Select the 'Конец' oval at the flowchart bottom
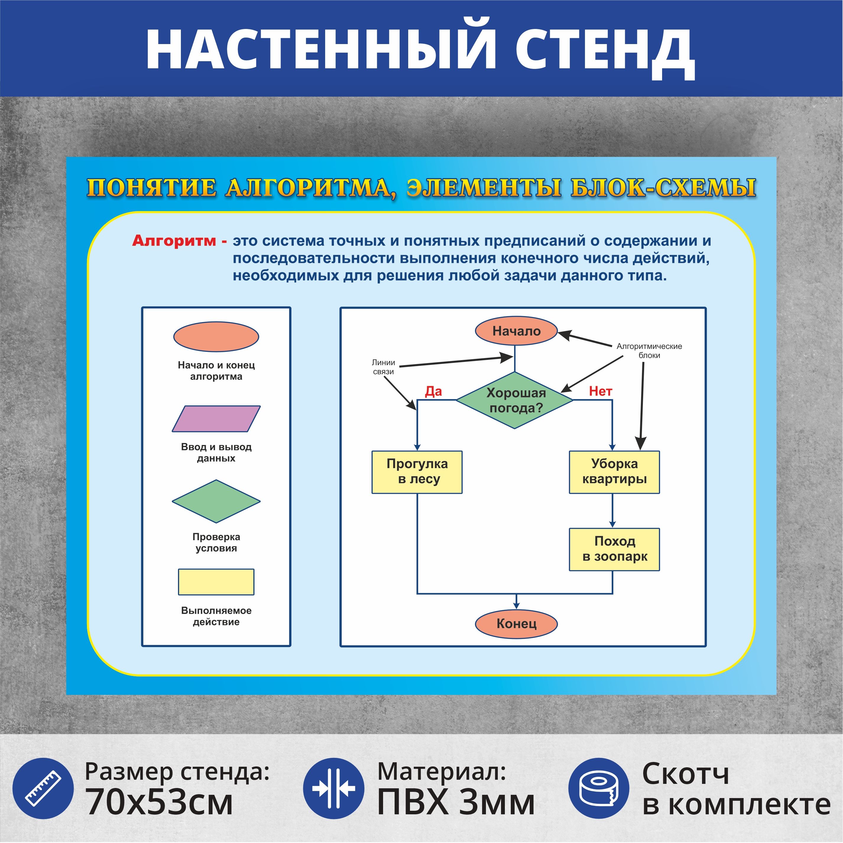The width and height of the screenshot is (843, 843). pyautogui.click(x=516, y=623)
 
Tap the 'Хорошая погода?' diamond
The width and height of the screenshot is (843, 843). pyautogui.click(x=515, y=400)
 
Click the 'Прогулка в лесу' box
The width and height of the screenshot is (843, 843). pyautogui.click(x=417, y=472)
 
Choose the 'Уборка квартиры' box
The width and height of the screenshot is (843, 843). pyautogui.click(x=614, y=472)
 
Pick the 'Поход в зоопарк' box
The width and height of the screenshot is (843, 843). pyautogui.click(x=614, y=549)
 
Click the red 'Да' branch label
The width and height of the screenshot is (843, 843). pyautogui.click(x=433, y=391)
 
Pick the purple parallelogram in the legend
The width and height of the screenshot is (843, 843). pyautogui.click(x=216, y=419)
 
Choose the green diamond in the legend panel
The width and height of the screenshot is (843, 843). pyautogui.click(x=216, y=501)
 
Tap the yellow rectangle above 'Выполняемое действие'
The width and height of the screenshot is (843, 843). pyautogui.click(x=216, y=582)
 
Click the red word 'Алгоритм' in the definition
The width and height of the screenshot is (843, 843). pyautogui.click(x=174, y=241)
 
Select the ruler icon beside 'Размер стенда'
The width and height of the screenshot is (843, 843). pyautogui.click(x=43, y=788)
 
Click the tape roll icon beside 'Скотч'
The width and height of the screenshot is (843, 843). pyautogui.click(x=598, y=788)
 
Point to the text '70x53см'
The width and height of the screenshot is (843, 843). pyautogui.click(x=159, y=802)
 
